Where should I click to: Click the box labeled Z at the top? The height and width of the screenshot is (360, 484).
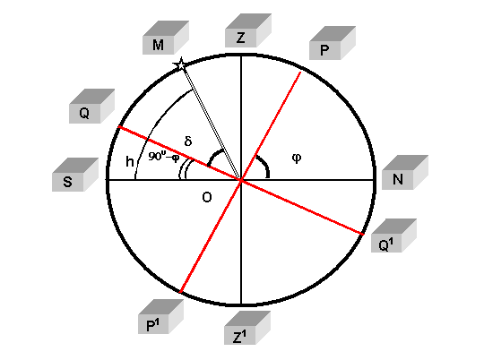248,30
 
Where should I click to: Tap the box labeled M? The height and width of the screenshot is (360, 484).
166,38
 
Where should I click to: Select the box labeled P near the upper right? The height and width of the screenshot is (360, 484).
333,43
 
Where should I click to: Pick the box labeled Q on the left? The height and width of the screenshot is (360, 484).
91,106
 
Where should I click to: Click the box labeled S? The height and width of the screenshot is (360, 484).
75,175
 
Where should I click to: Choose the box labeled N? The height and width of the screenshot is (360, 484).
405,172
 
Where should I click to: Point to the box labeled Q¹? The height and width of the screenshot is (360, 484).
393,236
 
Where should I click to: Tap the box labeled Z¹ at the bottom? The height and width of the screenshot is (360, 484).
247,328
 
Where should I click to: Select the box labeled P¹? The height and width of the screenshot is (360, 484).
160,316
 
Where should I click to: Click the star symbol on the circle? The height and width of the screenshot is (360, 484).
180,64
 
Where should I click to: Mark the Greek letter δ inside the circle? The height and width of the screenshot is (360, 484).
188,141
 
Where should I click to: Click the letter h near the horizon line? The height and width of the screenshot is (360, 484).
130,161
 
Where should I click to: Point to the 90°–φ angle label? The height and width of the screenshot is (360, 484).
164,157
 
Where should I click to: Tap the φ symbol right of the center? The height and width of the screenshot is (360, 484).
297,159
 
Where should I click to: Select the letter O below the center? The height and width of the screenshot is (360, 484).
207,197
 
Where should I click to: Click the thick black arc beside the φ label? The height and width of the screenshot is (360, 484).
264,164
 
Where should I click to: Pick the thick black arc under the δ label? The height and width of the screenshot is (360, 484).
212,156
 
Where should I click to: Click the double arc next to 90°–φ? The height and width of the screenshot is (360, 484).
182,168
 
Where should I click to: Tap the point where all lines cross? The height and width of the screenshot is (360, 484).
241,179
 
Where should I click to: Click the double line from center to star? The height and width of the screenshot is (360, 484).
212,123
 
